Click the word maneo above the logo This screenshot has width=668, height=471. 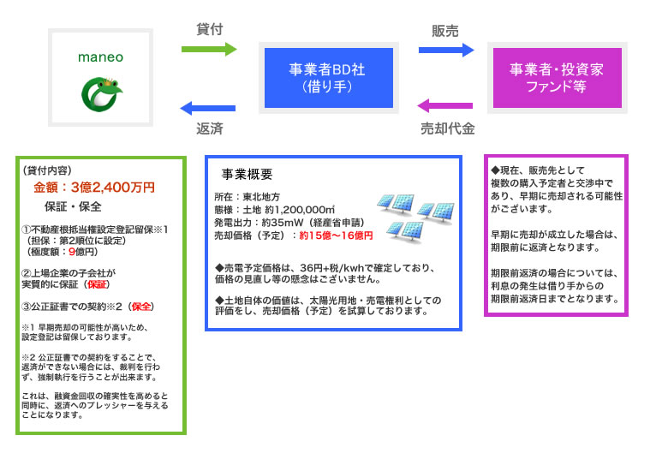tap(101, 57)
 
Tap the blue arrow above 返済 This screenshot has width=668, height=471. tap(208, 108)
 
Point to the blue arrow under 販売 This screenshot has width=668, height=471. tap(445, 50)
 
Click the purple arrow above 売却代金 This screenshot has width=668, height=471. tap(444, 106)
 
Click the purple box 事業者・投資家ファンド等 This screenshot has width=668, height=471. tap(557, 77)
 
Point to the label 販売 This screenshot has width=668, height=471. tap(445, 31)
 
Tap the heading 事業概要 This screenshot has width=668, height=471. tap(247, 175)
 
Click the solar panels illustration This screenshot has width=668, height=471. tap(415, 217)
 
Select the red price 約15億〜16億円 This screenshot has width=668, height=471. tap(336, 235)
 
